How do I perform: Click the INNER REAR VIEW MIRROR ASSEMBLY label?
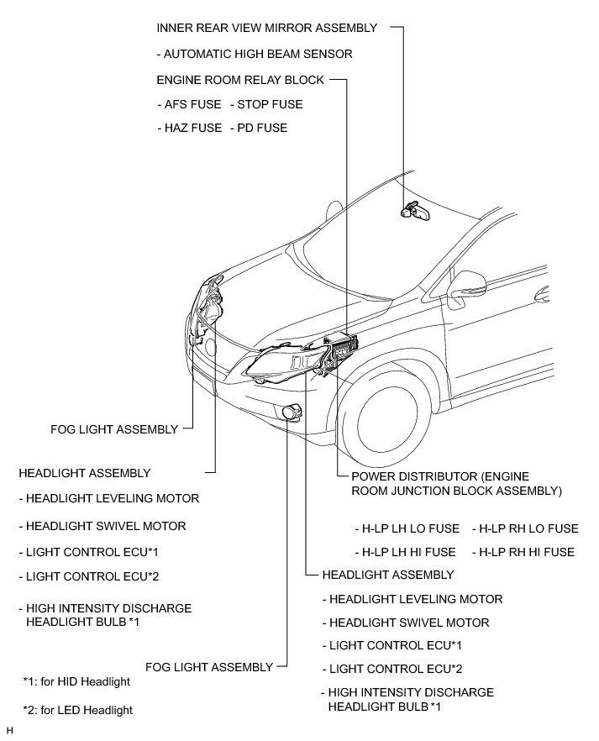point(267,28)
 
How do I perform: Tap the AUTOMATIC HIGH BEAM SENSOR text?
point(255,54)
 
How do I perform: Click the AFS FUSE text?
point(189,105)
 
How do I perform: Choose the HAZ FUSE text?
point(189,128)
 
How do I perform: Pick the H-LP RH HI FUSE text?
point(523,552)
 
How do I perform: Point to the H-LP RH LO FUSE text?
point(525,528)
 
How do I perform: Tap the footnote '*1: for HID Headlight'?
point(76,681)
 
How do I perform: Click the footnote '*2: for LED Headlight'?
point(78,710)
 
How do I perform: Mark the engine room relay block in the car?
point(343,346)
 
